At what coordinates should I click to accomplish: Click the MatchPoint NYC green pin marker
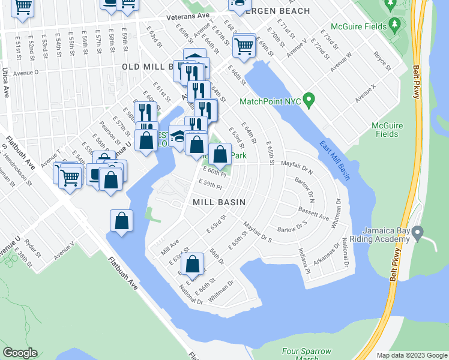coord(309,99)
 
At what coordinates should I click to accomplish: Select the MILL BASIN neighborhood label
coord(219,203)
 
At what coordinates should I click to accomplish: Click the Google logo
coord(20,353)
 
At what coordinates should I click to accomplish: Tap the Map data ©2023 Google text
coord(412,355)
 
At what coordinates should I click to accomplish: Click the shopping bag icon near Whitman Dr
coord(192,264)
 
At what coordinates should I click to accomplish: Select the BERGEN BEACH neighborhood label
coord(282,11)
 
